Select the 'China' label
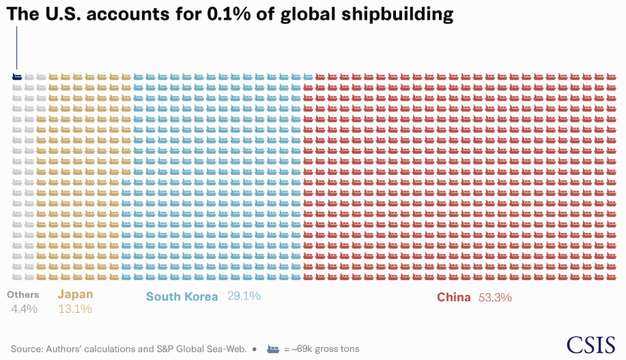(454, 297)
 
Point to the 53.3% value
(495, 297)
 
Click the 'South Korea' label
(182, 296)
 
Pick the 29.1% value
(244, 296)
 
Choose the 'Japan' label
(75, 294)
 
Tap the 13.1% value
(75, 309)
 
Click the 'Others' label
(23, 294)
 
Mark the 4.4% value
(25, 309)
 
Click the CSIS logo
(591, 344)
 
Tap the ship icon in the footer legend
(273, 348)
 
